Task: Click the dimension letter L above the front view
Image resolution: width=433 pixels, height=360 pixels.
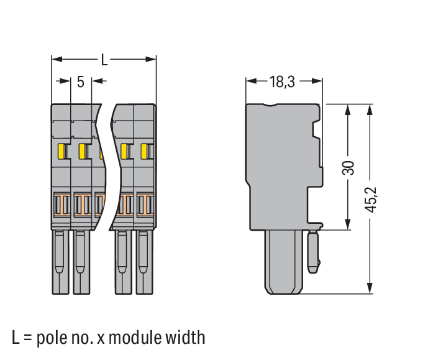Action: tap(104, 60)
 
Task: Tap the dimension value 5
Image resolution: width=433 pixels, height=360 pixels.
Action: tap(81, 81)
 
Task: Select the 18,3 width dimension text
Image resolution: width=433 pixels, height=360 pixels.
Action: tap(283, 81)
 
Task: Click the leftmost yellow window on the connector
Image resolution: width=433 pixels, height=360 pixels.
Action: tap(62, 151)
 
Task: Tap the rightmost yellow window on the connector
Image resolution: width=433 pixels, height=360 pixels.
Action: tap(147, 151)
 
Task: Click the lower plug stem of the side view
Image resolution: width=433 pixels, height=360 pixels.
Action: tap(284, 261)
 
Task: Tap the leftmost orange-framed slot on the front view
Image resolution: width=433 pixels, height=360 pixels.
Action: tap(62, 203)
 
